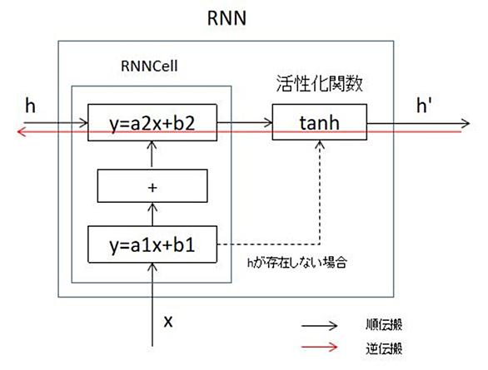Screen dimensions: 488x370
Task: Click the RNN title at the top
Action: point(227,18)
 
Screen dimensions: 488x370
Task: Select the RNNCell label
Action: point(149,66)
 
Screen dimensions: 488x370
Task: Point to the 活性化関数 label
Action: point(320,84)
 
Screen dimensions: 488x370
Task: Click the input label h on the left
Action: point(30,106)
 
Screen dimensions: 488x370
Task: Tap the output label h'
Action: point(424,105)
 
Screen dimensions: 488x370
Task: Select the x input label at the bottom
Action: point(168,321)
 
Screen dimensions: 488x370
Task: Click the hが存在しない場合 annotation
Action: point(296,263)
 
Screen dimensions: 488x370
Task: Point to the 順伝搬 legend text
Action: point(384,324)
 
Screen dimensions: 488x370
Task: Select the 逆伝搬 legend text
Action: point(384,348)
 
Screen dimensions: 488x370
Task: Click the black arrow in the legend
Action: point(319,326)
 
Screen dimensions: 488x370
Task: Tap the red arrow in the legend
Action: point(319,347)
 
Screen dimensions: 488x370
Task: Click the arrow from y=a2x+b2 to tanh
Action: point(245,122)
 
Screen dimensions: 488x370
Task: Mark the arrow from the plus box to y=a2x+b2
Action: point(152,154)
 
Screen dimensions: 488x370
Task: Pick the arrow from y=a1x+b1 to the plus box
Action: point(152,215)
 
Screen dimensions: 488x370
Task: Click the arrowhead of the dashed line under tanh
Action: point(320,144)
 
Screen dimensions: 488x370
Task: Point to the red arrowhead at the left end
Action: point(21,132)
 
